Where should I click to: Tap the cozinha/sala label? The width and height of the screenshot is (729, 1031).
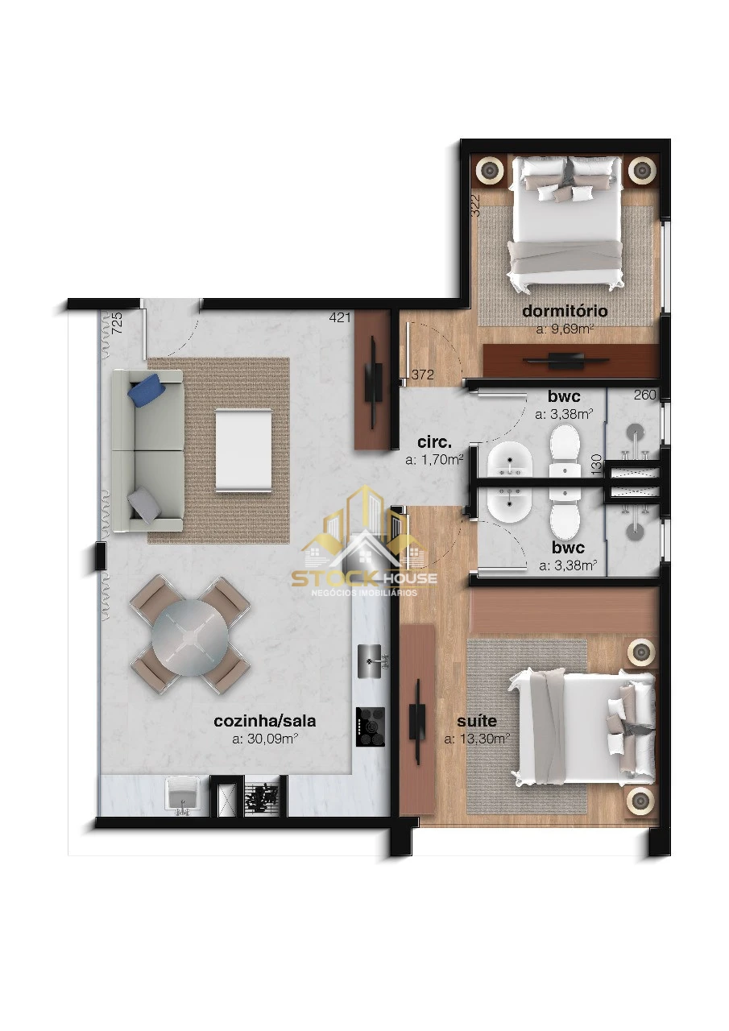pyautogui.click(x=265, y=721)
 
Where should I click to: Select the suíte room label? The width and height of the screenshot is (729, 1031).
pyautogui.click(x=477, y=720)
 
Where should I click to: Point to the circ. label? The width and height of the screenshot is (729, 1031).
pyautogui.click(x=434, y=442)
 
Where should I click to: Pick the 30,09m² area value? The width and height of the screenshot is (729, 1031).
pyautogui.click(x=264, y=739)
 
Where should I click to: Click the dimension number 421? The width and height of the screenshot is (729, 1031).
pyautogui.click(x=340, y=317)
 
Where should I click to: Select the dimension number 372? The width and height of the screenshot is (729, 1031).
pyautogui.click(x=422, y=375)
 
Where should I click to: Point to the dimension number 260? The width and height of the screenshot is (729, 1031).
pyautogui.click(x=644, y=395)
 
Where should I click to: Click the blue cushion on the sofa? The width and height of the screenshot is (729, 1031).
pyautogui.click(x=147, y=389)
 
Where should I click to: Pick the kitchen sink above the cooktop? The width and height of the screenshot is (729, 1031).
pyautogui.click(x=373, y=661)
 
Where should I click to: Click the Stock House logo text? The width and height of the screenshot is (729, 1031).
pyautogui.click(x=364, y=578)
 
